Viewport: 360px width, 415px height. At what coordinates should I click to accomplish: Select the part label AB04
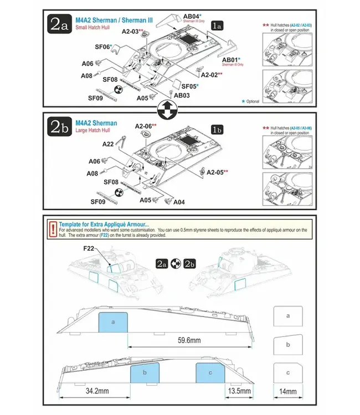[x=191, y=16]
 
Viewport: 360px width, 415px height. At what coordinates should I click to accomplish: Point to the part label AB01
[x=231, y=59]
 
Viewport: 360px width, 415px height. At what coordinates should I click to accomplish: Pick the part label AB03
[x=182, y=95]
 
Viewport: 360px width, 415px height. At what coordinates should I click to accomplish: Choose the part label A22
[x=108, y=144]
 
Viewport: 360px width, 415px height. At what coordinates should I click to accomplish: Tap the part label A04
[x=179, y=202]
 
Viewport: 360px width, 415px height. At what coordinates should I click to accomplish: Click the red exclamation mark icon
[x=52, y=227]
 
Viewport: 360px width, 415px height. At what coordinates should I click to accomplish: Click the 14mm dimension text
[x=287, y=391]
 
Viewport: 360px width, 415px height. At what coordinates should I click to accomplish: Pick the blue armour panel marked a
[x=113, y=321]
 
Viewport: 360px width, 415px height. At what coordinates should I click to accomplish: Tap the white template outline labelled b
[x=287, y=344]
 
